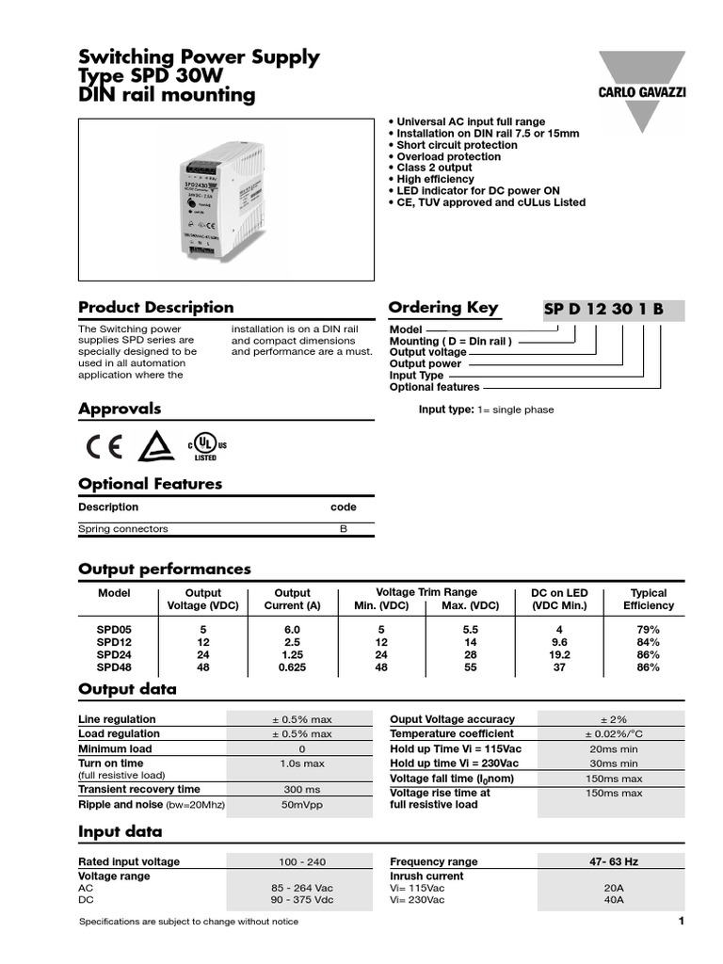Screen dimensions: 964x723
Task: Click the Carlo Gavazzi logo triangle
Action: pyautogui.click(x=641, y=89)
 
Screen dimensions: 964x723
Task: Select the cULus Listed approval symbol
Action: pyautogui.click(x=206, y=447)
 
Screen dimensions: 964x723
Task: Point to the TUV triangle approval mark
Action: pyautogui.click(x=154, y=447)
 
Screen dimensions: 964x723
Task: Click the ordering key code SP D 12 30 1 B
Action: pyautogui.click(x=603, y=310)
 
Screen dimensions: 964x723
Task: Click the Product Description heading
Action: pyautogui.click(x=155, y=307)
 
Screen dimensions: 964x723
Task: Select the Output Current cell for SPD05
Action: pyautogui.click(x=292, y=629)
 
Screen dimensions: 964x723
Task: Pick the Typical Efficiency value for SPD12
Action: pyautogui.click(x=648, y=642)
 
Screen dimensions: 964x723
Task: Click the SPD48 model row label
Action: pyautogui.click(x=114, y=667)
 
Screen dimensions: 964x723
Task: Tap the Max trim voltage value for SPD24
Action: pyautogui.click(x=471, y=654)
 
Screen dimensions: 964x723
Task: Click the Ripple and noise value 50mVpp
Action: pyautogui.click(x=302, y=805)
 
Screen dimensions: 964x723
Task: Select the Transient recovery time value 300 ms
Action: pyautogui.click(x=302, y=790)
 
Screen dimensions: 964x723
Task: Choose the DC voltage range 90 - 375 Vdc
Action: pyautogui.click(x=302, y=900)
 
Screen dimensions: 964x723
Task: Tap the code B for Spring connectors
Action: pyautogui.click(x=343, y=529)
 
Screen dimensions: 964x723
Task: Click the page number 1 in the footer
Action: pyautogui.click(x=680, y=921)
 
